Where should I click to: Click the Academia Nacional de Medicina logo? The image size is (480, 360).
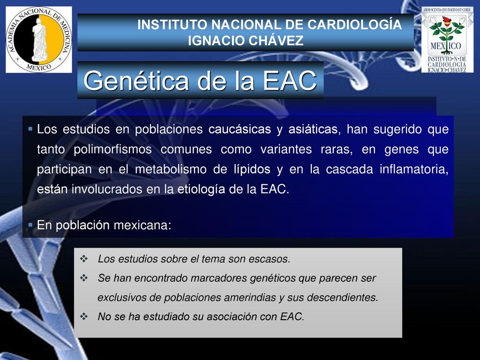[x=39, y=40]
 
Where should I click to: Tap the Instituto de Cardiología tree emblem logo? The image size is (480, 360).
[x=447, y=40]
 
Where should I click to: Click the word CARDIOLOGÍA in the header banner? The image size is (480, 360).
[x=354, y=24]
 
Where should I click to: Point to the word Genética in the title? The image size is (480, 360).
[x=136, y=81]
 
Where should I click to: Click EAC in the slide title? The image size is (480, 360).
[x=290, y=81]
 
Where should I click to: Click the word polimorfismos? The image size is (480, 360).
[x=112, y=150]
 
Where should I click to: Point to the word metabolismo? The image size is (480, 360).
[x=171, y=169]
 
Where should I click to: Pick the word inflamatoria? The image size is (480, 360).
[x=414, y=169]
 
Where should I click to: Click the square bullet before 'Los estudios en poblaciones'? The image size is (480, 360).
[x=30, y=129]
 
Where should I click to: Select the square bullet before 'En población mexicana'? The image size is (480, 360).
[x=30, y=225]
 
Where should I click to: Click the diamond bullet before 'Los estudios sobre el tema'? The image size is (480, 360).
[x=84, y=259]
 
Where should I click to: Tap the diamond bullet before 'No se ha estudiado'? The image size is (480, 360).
[x=84, y=316]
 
